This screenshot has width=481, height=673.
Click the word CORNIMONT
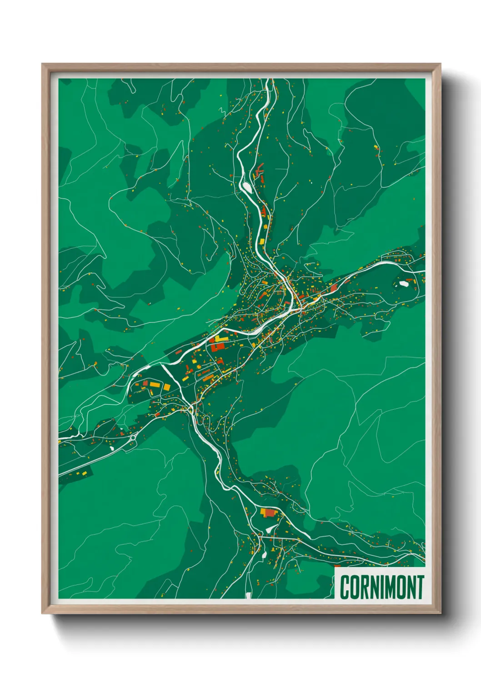tap(381, 587)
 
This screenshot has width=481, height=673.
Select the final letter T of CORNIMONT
tap(419, 587)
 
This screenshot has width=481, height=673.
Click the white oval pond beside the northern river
tap(247, 186)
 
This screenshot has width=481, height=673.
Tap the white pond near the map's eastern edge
tap(403, 284)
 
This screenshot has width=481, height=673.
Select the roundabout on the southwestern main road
tap(133, 437)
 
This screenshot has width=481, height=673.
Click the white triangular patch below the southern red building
tap(270, 528)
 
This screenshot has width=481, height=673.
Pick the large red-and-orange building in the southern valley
tap(269, 513)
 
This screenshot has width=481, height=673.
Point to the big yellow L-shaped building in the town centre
tap(221, 339)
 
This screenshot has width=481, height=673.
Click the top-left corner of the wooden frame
tap(43, 65)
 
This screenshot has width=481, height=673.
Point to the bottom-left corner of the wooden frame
tap(43, 613)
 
